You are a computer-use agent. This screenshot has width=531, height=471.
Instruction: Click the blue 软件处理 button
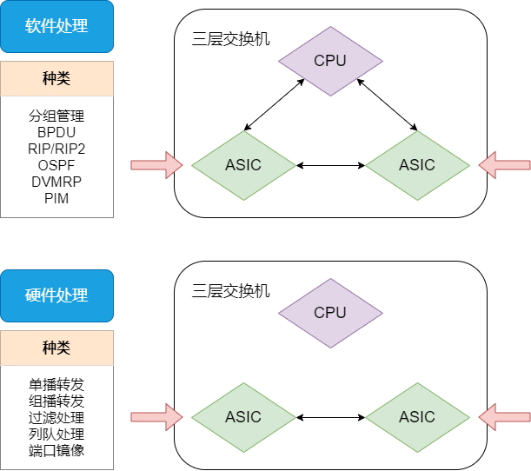pyautogui.click(x=56, y=26)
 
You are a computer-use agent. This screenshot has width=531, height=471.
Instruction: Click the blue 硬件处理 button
pyautogui.click(x=56, y=295)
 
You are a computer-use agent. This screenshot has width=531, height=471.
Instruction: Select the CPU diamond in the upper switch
pyautogui.click(x=329, y=60)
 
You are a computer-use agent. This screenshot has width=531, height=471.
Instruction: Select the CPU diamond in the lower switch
pyautogui.click(x=329, y=312)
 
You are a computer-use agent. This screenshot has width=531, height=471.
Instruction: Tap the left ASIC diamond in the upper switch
pyautogui.click(x=242, y=165)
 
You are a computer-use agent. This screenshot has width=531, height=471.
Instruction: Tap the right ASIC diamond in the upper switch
pyautogui.click(x=416, y=165)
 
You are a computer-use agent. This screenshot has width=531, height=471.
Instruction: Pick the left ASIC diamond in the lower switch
pyautogui.click(x=242, y=417)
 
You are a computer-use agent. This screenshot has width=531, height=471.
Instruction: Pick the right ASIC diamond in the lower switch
pyautogui.click(x=416, y=417)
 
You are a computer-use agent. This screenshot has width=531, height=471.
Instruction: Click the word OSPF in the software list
pyautogui.click(x=56, y=165)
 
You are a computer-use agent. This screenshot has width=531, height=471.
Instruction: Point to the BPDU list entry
pyautogui.click(x=56, y=132)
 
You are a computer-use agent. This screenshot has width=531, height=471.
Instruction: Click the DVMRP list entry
pyautogui.click(x=56, y=182)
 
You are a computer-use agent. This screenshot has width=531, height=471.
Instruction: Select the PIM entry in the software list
pyautogui.click(x=56, y=198)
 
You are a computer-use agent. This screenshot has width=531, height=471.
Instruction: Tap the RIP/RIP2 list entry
pyautogui.click(x=56, y=149)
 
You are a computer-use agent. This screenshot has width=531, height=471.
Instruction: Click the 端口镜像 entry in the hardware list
pyautogui.click(x=56, y=450)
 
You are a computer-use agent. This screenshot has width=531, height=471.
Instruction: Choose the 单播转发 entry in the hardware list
pyautogui.click(x=56, y=384)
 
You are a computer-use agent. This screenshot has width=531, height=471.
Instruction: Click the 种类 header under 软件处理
pyautogui.click(x=56, y=78)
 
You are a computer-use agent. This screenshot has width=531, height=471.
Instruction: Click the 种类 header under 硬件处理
pyautogui.click(x=56, y=348)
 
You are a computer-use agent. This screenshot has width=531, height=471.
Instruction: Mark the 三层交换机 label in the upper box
pyautogui.click(x=230, y=38)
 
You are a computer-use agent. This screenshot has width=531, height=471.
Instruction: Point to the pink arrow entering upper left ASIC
pyautogui.click(x=156, y=164)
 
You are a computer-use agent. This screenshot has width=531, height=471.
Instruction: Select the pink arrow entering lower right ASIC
pyautogui.click(x=505, y=416)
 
